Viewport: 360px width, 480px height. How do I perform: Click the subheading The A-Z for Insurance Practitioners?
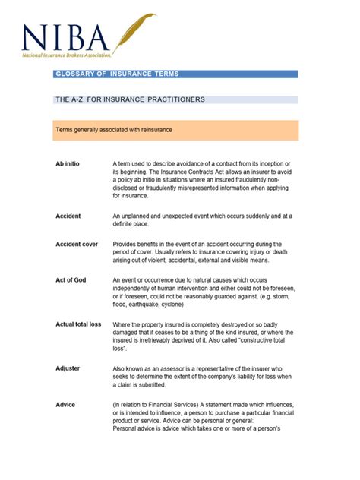130,99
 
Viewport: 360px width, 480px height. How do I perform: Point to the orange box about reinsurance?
175,130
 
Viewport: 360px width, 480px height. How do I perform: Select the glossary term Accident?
68,216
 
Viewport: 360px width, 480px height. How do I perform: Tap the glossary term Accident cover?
77,245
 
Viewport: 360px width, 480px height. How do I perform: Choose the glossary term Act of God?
71,280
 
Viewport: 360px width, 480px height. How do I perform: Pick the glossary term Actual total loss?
78,324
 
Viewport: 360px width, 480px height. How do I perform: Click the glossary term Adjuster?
68,368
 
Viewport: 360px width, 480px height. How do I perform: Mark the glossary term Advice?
65,405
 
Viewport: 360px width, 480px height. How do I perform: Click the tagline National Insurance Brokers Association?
67,55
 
